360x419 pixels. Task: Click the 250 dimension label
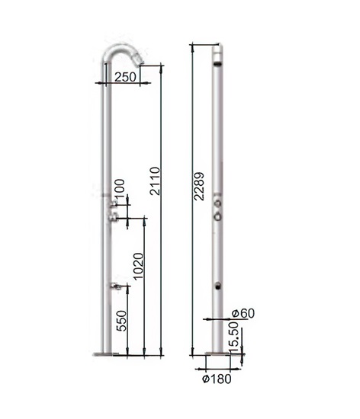pyautogui.click(x=125, y=77)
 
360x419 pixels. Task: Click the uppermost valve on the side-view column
pyautogui.click(x=113, y=204)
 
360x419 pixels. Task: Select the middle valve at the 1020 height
pyautogui.click(x=113, y=219)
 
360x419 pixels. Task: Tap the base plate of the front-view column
pyautogui.click(x=217, y=354)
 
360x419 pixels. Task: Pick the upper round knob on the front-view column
pyautogui.click(x=218, y=203)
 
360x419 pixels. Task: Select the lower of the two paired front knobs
pyautogui.click(x=218, y=216)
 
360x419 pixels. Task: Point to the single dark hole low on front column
pyautogui.click(x=218, y=287)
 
